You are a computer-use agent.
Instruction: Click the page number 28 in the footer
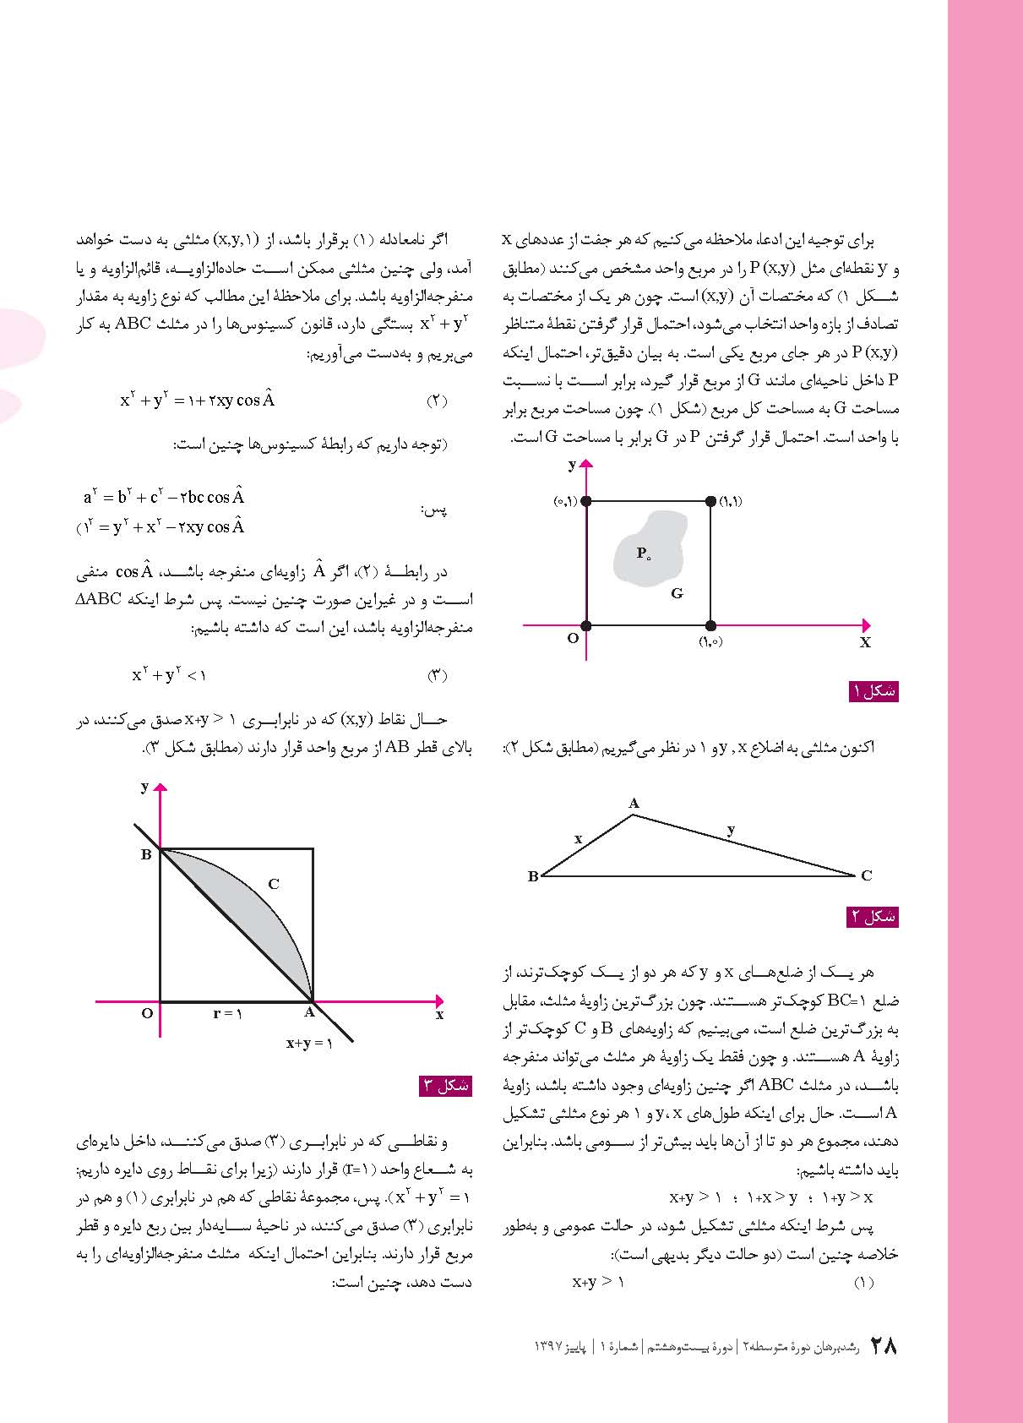883,1345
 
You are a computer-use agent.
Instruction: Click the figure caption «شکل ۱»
873,691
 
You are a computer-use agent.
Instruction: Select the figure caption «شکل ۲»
872,916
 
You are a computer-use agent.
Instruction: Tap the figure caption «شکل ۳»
445,1086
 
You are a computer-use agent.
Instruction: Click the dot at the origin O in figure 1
586,626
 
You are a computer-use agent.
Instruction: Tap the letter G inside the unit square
677,593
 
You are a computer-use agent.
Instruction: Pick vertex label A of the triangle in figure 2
634,804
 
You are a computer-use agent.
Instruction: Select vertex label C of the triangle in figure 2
866,876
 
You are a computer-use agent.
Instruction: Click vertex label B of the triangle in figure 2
533,876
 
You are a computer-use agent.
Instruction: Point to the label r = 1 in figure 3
227,1013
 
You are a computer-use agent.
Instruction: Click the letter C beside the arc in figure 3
274,885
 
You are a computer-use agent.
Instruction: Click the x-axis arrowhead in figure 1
865,625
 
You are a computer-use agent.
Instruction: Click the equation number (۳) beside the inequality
436,676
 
